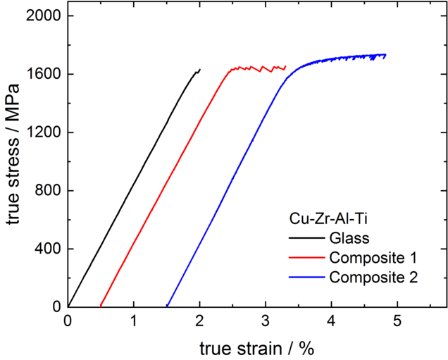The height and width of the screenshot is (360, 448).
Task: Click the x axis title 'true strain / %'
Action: coord(256,347)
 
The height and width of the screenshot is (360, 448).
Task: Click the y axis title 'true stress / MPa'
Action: coord(14,161)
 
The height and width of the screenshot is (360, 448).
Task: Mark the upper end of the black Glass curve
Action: coord(200,69)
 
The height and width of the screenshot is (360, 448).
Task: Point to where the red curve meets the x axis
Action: coord(101,306)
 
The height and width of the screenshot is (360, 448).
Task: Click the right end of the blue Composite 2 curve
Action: coord(385,54)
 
